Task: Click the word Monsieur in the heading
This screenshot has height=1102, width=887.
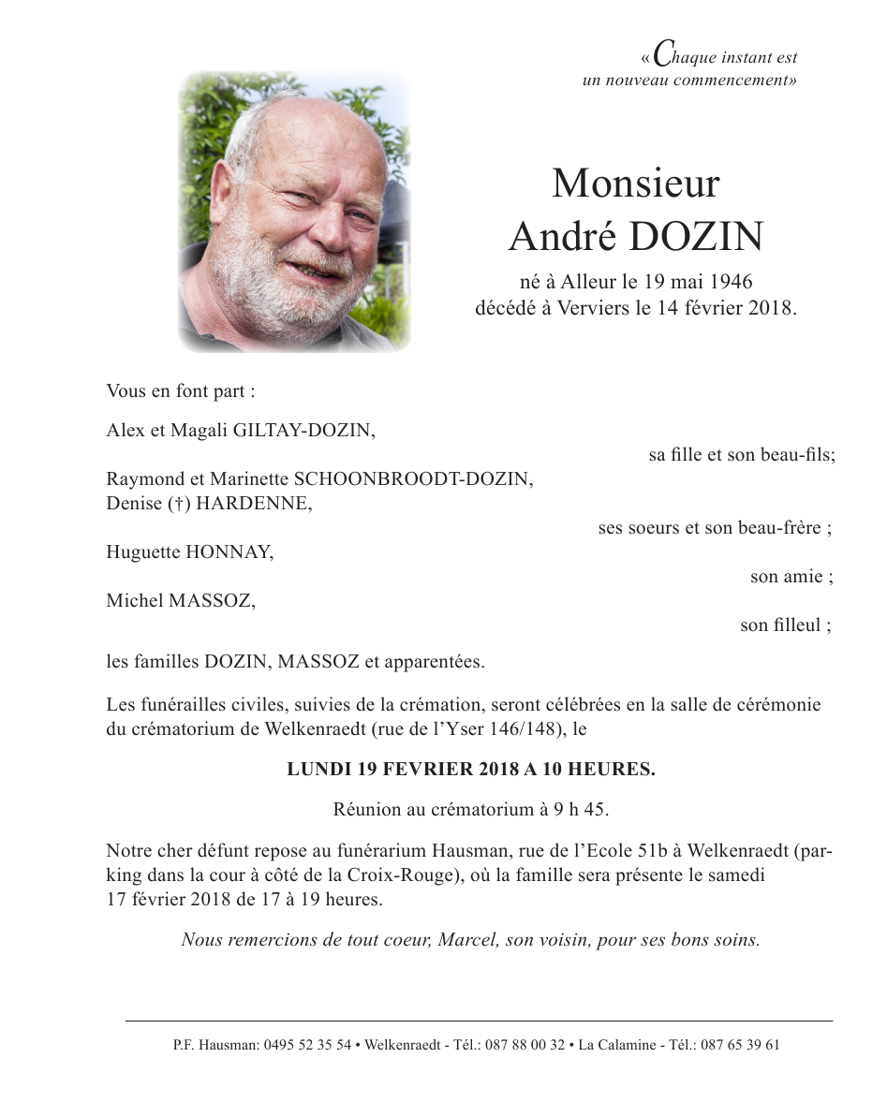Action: (x=635, y=184)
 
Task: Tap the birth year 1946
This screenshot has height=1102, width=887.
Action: (x=732, y=281)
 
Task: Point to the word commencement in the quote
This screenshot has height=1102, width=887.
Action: (x=732, y=81)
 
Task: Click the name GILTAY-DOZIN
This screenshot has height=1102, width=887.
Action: (x=312, y=431)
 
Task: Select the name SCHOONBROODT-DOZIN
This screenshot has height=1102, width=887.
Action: (x=413, y=479)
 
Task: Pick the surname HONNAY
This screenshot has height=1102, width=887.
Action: (x=229, y=552)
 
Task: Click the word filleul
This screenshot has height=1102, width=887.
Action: (x=796, y=625)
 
